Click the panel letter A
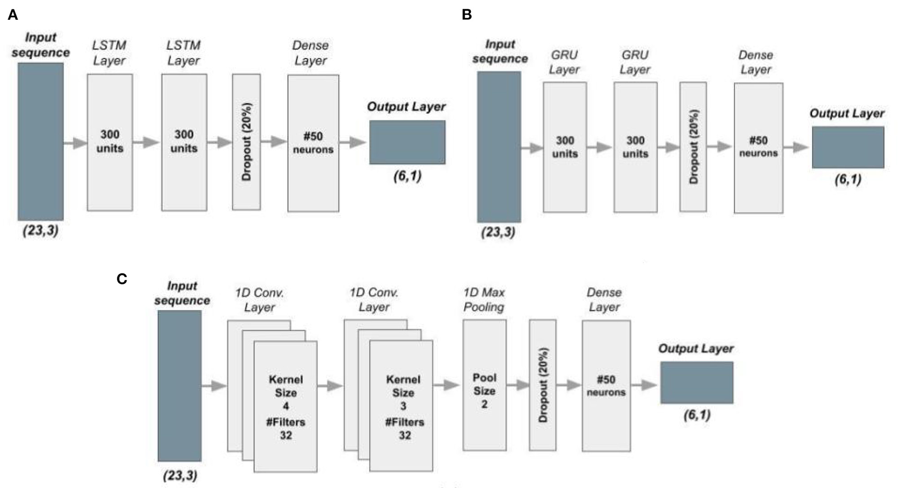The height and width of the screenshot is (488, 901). [13, 15]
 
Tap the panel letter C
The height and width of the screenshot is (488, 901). [122, 279]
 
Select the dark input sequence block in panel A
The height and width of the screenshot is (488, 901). [41, 141]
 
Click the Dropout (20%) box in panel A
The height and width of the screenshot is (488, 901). [247, 141]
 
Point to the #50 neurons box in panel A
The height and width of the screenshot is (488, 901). [313, 143]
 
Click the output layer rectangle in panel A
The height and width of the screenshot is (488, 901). [407, 142]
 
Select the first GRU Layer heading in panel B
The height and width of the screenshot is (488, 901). [564, 62]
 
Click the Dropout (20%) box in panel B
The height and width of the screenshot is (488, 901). [693, 147]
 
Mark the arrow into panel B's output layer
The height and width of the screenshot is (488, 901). [796, 148]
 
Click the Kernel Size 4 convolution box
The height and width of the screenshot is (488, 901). [285, 406]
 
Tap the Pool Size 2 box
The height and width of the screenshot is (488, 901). [484, 385]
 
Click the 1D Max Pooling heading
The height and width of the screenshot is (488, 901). [484, 300]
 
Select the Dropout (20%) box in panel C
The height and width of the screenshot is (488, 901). [543, 385]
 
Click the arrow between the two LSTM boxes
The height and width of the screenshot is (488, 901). [147, 142]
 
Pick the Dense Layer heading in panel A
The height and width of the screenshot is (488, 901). [310, 53]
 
